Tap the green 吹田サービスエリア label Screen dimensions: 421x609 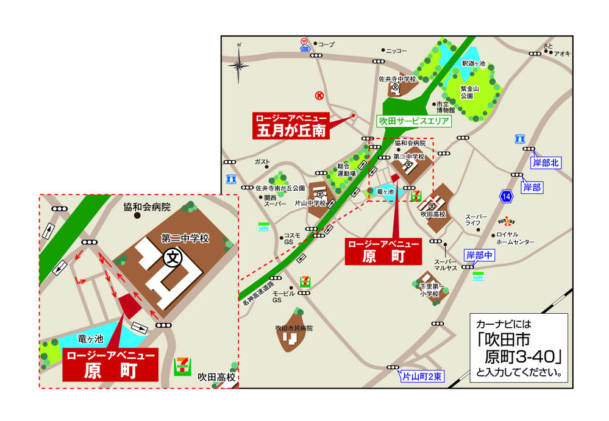(415, 121)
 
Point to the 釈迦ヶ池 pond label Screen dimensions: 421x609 (473, 63)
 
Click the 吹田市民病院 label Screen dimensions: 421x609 (294, 328)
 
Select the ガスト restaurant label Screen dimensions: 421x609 (262, 161)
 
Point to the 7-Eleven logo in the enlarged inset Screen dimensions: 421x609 (181, 366)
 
